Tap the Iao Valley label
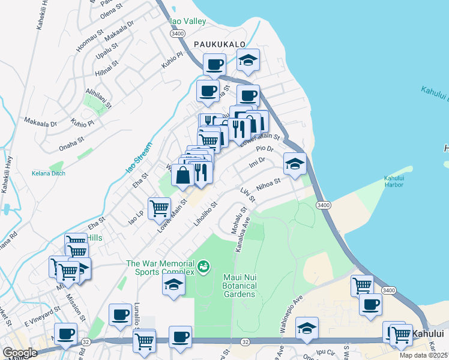pyautogui.click(x=188, y=21)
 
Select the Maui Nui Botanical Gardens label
pyautogui.click(x=240, y=286)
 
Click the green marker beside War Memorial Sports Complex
pyautogui.click(x=204, y=265)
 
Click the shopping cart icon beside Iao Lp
pyautogui.click(x=159, y=208)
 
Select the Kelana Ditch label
pyautogui.click(x=49, y=174)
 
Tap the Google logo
pyautogui.click(x=20, y=353)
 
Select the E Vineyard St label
pyautogui.click(x=43, y=316)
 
